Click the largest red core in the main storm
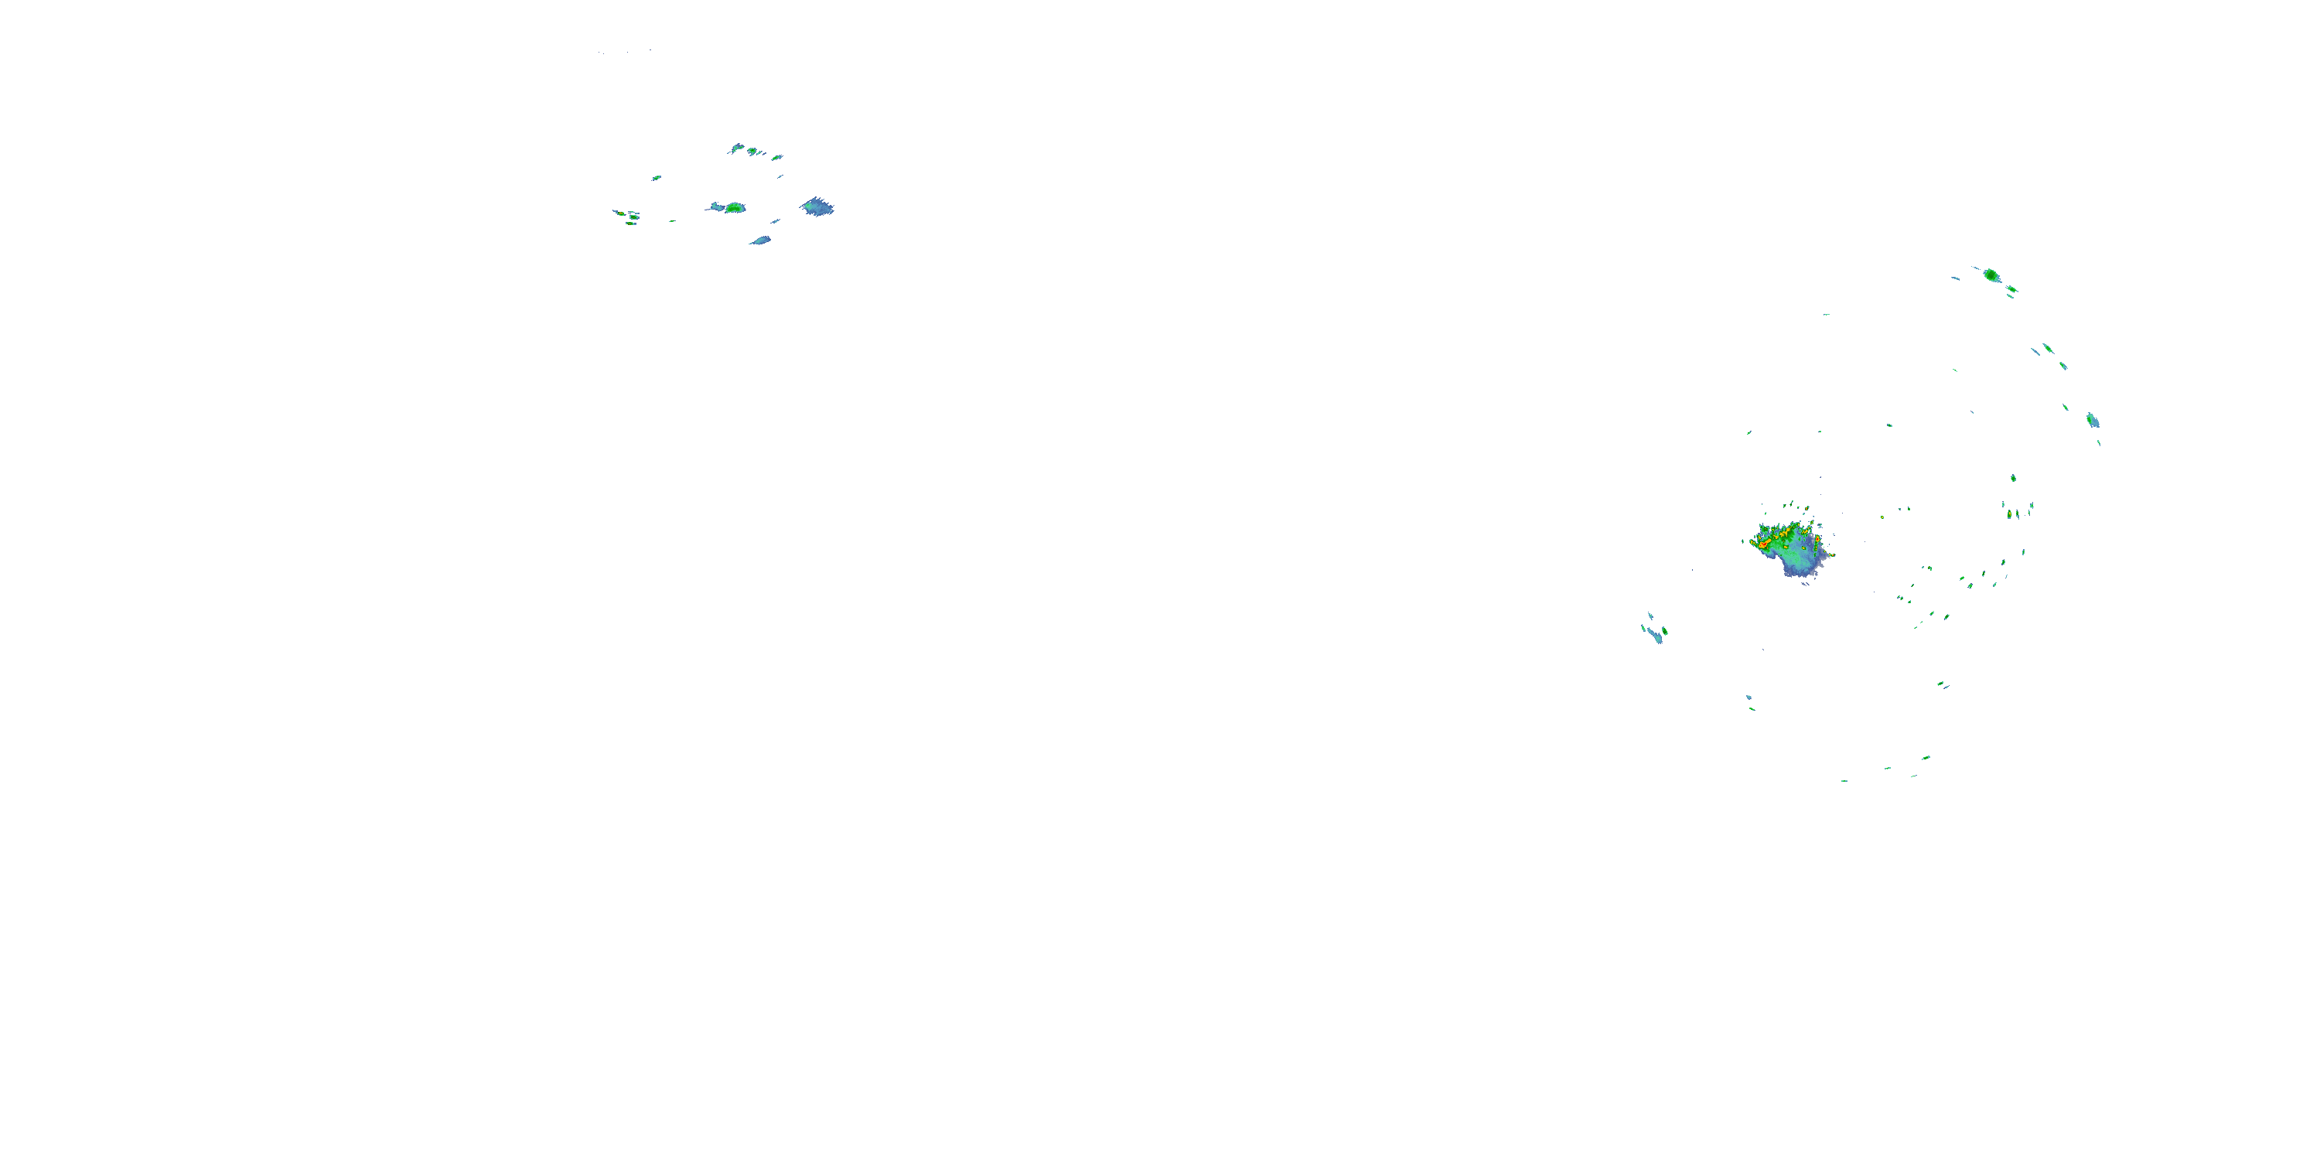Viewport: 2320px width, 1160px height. click(x=1762, y=544)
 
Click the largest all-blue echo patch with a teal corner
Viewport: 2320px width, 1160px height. click(x=817, y=207)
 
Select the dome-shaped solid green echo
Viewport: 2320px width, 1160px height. click(x=735, y=208)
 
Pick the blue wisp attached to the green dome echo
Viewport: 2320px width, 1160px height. click(x=716, y=207)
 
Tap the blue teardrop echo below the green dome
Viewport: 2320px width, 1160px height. click(x=761, y=241)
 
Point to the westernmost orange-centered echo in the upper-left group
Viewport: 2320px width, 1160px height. click(x=620, y=213)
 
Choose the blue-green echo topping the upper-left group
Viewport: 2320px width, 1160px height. click(x=738, y=148)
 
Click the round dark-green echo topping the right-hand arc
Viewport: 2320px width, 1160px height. click(x=1991, y=275)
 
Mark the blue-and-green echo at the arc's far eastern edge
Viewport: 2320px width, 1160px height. click(x=2092, y=420)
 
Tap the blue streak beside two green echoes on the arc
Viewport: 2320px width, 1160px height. click(x=2035, y=351)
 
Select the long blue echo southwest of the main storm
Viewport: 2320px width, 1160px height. click(x=1653, y=634)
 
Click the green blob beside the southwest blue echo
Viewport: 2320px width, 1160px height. click(x=1664, y=630)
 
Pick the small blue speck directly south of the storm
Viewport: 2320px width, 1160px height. click(x=1748, y=697)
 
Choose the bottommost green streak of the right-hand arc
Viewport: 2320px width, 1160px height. click(x=1844, y=781)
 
